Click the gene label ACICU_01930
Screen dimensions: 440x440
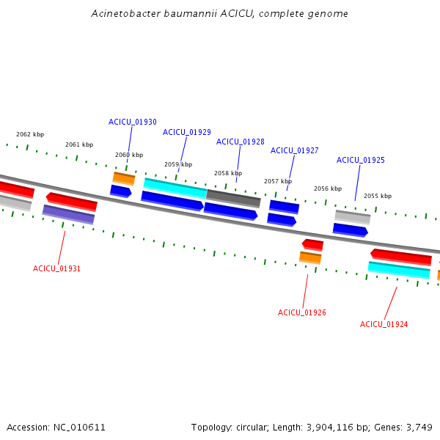tap(133, 122)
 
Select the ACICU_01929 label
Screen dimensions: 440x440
tap(186, 132)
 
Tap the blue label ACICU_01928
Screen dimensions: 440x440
tap(241, 142)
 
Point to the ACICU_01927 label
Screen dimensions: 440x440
tap(294, 150)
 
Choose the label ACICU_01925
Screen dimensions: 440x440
tap(361, 160)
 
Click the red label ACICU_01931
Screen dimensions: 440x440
tap(56, 269)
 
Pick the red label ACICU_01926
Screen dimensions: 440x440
tap(302, 312)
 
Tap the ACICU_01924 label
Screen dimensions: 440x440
tap(384, 324)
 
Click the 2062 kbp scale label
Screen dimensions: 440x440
tap(30, 134)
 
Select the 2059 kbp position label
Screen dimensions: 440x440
tap(178, 164)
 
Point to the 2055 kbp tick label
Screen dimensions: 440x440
tap(378, 196)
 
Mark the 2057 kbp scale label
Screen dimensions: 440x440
tap(278, 181)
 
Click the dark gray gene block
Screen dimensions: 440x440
tap(233, 199)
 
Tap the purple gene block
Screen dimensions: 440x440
tap(68, 215)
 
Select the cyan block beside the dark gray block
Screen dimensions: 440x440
tap(175, 188)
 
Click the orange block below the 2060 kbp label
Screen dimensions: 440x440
tap(124, 179)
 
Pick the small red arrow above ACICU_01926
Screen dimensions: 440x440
tap(312, 245)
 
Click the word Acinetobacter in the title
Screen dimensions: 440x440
tap(126, 13)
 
